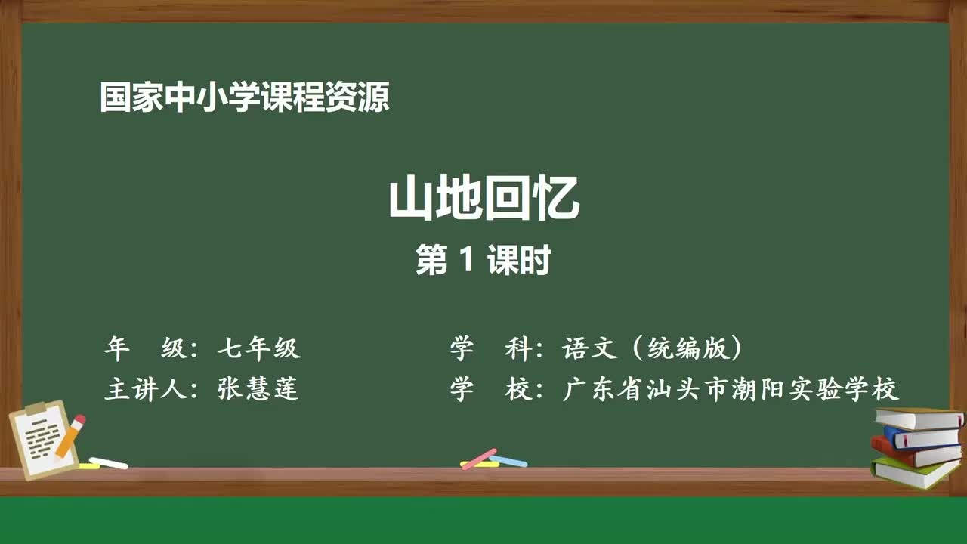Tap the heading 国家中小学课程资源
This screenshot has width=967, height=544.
click(244, 97)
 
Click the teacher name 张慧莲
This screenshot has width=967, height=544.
click(258, 388)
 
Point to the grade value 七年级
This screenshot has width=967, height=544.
click(258, 348)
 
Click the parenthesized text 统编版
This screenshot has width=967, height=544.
click(688, 348)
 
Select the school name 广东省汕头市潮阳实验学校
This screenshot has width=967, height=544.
click(731, 389)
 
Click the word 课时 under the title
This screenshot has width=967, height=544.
click(518, 261)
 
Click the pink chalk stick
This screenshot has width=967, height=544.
click(479, 459)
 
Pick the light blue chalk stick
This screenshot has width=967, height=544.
click(508, 459)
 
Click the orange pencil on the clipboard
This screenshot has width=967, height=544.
click(68, 439)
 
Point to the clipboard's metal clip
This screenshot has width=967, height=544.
click(36, 409)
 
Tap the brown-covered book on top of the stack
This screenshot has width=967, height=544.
click(918, 418)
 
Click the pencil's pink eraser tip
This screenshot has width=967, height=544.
click(79, 419)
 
